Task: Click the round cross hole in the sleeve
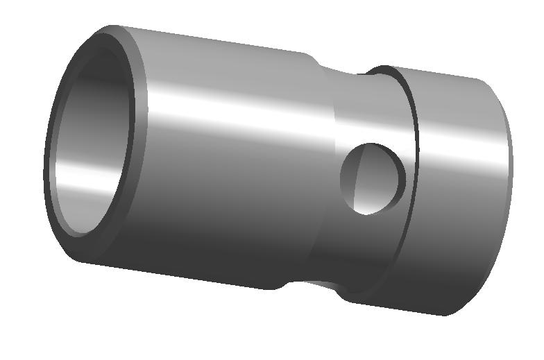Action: [x=373, y=178]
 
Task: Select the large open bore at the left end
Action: [x=90, y=139]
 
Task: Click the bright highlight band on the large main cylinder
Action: [x=229, y=111]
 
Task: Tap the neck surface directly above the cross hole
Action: [x=368, y=111]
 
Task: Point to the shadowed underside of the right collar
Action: [x=451, y=291]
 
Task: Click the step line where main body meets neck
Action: [x=326, y=173]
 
